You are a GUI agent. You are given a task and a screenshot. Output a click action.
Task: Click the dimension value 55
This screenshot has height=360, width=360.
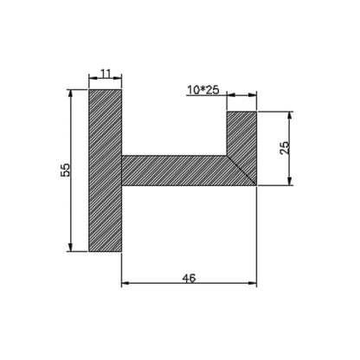tap(66, 170)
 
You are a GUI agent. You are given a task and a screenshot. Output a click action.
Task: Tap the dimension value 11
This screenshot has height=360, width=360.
tap(106, 74)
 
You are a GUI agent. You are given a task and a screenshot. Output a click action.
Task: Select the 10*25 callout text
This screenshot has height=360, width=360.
tap(203, 90)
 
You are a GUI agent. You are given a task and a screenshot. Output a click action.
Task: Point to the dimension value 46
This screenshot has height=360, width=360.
tap(190, 278)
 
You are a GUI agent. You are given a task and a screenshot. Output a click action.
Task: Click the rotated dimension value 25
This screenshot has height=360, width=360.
tap(285, 148)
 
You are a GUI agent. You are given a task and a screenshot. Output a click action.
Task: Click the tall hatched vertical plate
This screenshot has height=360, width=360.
tap(105, 170)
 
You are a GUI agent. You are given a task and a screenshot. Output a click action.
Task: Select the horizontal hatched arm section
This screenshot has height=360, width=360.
tap(174, 170)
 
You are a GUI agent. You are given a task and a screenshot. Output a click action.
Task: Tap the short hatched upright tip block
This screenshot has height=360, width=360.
tap(241, 133)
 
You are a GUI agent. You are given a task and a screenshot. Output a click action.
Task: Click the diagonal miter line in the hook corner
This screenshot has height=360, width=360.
tap(241, 170)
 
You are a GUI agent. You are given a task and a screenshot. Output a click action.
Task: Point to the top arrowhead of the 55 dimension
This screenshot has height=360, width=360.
tap(70, 93)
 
